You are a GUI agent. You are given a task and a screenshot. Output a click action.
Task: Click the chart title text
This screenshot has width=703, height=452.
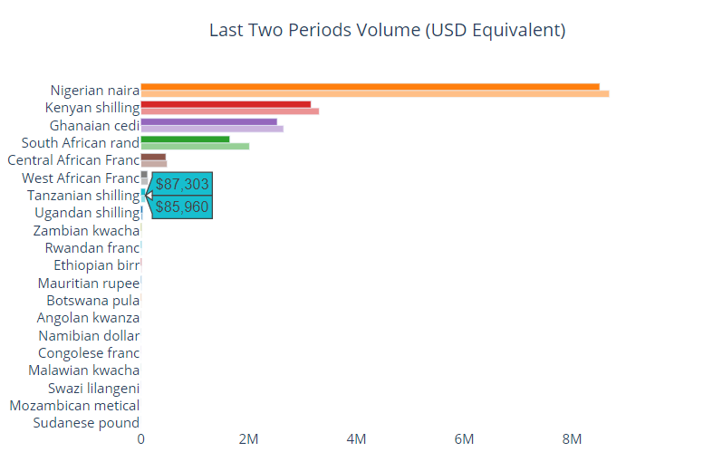(387, 31)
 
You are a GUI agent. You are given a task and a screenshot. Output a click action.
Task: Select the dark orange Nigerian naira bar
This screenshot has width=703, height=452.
(370, 87)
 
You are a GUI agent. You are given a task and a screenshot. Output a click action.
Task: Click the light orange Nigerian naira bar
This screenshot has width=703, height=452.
(374, 93)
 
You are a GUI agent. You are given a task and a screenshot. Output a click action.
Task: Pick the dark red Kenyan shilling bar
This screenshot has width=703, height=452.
(226, 104)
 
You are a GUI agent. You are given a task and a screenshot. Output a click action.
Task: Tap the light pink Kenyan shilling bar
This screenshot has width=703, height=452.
(230, 111)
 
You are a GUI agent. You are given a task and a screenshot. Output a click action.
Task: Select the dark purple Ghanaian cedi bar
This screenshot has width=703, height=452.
(209, 121)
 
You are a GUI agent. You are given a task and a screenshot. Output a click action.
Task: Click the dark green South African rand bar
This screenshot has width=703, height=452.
(185, 139)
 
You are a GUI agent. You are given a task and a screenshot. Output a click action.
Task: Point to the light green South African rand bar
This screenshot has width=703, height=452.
(195, 146)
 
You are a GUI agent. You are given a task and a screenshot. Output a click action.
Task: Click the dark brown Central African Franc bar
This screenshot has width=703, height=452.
(153, 157)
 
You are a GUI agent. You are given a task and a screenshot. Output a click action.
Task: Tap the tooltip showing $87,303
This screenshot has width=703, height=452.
(182, 184)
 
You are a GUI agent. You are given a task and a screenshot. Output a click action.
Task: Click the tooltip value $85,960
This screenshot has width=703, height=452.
(182, 207)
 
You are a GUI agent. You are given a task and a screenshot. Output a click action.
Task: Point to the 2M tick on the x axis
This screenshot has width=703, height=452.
(248, 439)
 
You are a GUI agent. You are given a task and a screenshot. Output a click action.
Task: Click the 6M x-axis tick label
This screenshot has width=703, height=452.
(464, 439)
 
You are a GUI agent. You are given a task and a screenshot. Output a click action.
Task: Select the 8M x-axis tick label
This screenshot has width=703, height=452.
(572, 439)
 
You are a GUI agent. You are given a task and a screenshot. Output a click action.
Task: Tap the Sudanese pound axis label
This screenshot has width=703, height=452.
(86, 423)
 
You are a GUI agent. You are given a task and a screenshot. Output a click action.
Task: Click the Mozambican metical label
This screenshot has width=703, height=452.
(74, 406)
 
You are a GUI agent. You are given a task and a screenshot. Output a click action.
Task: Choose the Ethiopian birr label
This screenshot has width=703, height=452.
(97, 265)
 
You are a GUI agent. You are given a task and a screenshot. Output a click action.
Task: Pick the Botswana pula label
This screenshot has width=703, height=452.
(93, 301)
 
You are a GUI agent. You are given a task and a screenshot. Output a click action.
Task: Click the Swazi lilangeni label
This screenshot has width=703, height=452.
(93, 389)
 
